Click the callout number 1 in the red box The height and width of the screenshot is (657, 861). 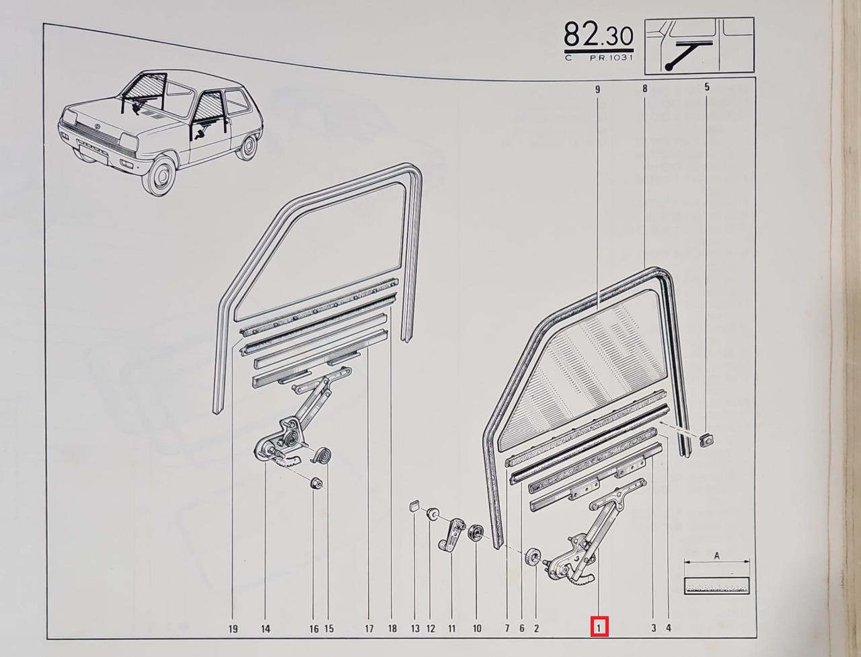599,628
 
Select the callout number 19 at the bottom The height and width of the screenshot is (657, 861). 233,629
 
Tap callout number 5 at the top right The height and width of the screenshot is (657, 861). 707,87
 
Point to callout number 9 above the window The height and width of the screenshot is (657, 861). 597,89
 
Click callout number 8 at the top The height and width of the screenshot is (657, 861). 645,89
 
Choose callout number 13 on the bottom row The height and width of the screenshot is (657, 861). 416,629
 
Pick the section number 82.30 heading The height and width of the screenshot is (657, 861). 599,34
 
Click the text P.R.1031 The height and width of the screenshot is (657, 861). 611,59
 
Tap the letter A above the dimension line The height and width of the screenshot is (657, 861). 716,555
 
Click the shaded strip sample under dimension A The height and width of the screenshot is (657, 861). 716,586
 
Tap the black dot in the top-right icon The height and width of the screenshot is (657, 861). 667,67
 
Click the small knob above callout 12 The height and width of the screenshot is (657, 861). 433,512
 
